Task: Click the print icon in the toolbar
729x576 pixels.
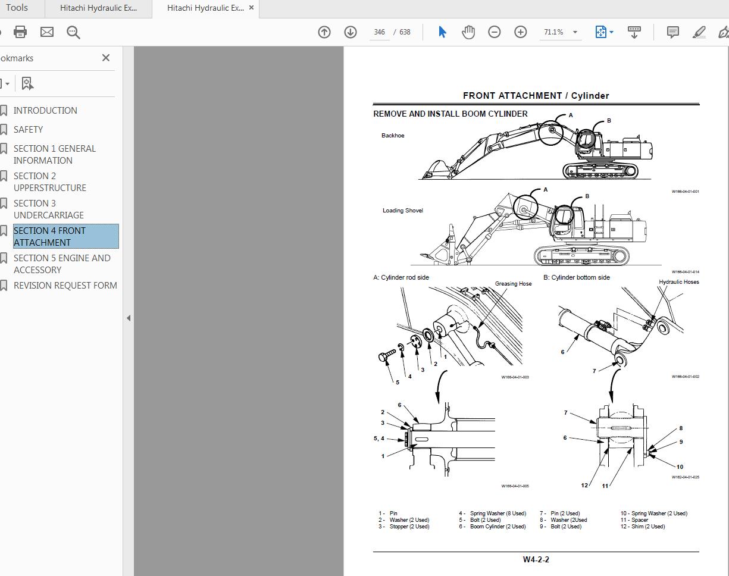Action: pyautogui.click(x=20, y=32)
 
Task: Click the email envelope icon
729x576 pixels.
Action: pyautogui.click(x=47, y=32)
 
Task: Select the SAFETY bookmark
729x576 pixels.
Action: pyautogui.click(x=28, y=129)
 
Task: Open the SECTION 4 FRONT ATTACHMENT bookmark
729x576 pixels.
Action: pyautogui.click(x=49, y=236)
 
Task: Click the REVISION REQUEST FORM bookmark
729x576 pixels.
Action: pyautogui.click(x=65, y=285)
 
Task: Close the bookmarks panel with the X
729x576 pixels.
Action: pyautogui.click(x=106, y=58)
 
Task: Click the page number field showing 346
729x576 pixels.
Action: pyautogui.click(x=380, y=32)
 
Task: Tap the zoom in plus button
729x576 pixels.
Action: pyautogui.click(x=521, y=32)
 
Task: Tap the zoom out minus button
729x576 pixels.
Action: pyautogui.click(x=495, y=32)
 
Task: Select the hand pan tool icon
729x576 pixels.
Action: pyautogui.click(x=468, y=32)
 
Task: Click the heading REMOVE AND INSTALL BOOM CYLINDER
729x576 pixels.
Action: pyautogui.click(x=450, y=114)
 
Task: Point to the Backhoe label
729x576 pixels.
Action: pyautogui.click(x=393, y=136)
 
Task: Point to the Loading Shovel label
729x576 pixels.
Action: pyautogui.click(x=402, y=211)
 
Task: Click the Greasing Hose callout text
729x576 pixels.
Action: pyautogui.click(x=513, y=284)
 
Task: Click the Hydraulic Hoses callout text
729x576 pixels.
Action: pyautogui.click(x=678, y=282)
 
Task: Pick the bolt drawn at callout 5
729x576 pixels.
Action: pyautogui.click(x=386, y=355)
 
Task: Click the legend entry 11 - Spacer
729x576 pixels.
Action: pyautogui.click(x=634, y=520)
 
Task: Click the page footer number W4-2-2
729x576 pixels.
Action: pyautogui.click(x=536, y=559)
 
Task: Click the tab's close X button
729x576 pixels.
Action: pyautogui.click(x=252, y=8)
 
